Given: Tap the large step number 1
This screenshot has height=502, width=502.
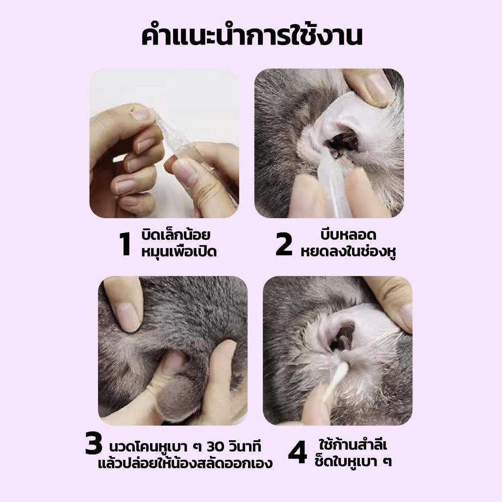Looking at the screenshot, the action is click(125, 244).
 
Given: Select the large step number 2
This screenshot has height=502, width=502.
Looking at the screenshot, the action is click(284, 244).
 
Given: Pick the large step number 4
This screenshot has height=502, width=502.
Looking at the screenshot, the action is click(298, 452).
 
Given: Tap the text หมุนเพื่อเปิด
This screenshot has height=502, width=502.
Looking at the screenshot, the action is click(179, 251).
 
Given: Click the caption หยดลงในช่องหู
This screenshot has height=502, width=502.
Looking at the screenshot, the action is click(349, 251).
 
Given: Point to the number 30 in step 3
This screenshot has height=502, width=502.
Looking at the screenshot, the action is click(218, 447).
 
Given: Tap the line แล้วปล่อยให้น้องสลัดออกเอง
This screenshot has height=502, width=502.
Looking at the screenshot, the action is click(185, 463).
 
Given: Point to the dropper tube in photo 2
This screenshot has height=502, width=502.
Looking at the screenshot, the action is click(333, 186).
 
